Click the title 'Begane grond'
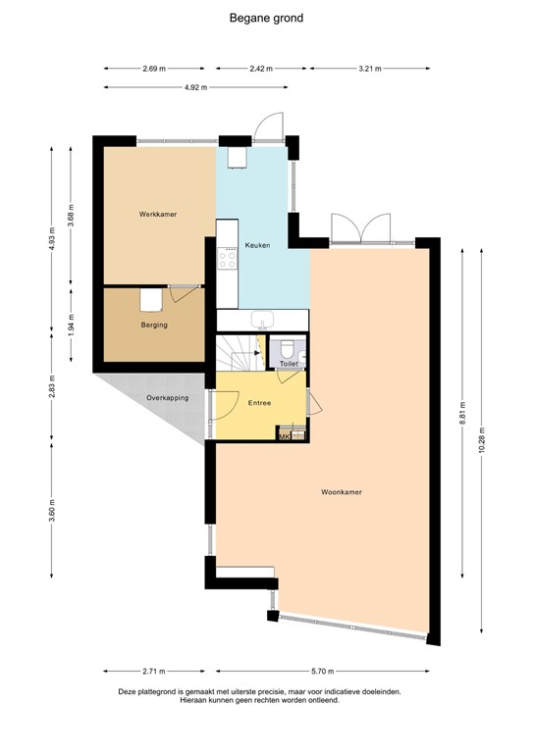click(x=266, y=18)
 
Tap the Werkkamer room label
click(x=157, y=214)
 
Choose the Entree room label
click(x=259, y=402)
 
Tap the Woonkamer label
click(x=342, y=492)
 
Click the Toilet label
click(x=288, y=364)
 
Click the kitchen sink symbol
click(x=262, y=320)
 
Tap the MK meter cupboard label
click(x=285, y=436)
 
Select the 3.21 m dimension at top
click(x=368, y=69)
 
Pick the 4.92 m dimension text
click(x=196, y=87)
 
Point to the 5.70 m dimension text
click(x=347, y=672)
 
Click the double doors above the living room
click(x=362, y=230)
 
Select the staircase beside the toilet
click(x=236, y=351)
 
